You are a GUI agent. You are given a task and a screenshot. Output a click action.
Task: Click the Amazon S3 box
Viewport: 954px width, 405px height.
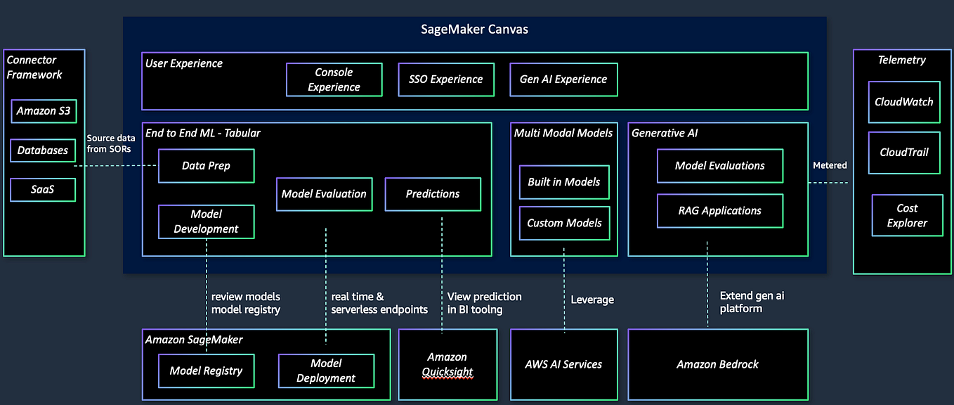click(44, 111)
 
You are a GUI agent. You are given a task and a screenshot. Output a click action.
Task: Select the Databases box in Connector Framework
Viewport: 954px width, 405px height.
click(44, 150)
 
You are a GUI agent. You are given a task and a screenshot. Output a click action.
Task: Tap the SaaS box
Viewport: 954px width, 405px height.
click(43, 190)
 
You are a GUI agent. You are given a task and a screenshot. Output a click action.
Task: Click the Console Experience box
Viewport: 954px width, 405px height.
click(334, 79)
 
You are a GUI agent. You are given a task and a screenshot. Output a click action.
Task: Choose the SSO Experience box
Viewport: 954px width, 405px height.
click(446, 79)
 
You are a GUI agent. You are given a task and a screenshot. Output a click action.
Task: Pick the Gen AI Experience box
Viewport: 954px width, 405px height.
click(563, 79)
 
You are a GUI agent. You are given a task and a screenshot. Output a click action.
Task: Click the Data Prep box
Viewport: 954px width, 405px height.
click(206, 166)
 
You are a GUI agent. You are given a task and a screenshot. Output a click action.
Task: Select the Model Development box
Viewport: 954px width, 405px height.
click(206, 221)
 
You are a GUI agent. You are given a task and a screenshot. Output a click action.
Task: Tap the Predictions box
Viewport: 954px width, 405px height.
click(433, 194)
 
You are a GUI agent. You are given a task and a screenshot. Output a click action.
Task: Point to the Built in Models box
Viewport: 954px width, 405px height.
click(564, 182)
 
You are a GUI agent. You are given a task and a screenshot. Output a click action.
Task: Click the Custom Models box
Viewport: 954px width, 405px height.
click(564, 223)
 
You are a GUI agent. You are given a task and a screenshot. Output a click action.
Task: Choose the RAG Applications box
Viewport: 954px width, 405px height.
click(720, 211)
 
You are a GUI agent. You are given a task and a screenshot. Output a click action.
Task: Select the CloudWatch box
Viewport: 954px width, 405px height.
click(903, 102)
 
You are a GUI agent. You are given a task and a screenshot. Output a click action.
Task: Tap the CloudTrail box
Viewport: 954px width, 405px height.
click(903, 152)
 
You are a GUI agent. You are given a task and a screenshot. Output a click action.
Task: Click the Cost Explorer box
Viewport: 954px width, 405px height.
click(907, 216)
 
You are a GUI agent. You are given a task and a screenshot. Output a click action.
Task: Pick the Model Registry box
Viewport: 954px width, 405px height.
click(206, 371)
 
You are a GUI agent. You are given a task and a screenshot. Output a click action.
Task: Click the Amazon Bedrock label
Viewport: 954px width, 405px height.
click(717, 364)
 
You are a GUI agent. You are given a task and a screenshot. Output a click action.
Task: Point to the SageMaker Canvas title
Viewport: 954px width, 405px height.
click(474, 30)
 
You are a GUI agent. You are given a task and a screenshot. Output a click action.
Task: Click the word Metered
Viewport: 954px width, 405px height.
click(830, 165)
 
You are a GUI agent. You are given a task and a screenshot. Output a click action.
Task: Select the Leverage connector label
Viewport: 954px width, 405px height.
click(592, 300)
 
